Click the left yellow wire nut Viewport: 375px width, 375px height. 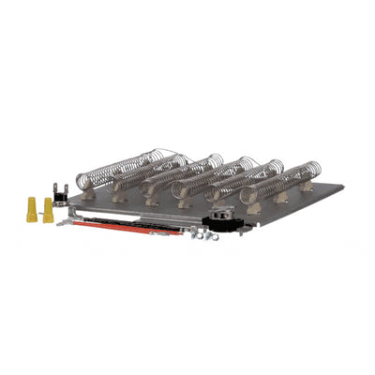pyautogui.click(x=32, y=208)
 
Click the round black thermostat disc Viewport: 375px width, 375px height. pyautogui.click(x=222, y=220)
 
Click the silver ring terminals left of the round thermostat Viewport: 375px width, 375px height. pyautogui.click(x=200, y=233)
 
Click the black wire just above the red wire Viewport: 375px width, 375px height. pyautogui.click(x=141, y=222)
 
